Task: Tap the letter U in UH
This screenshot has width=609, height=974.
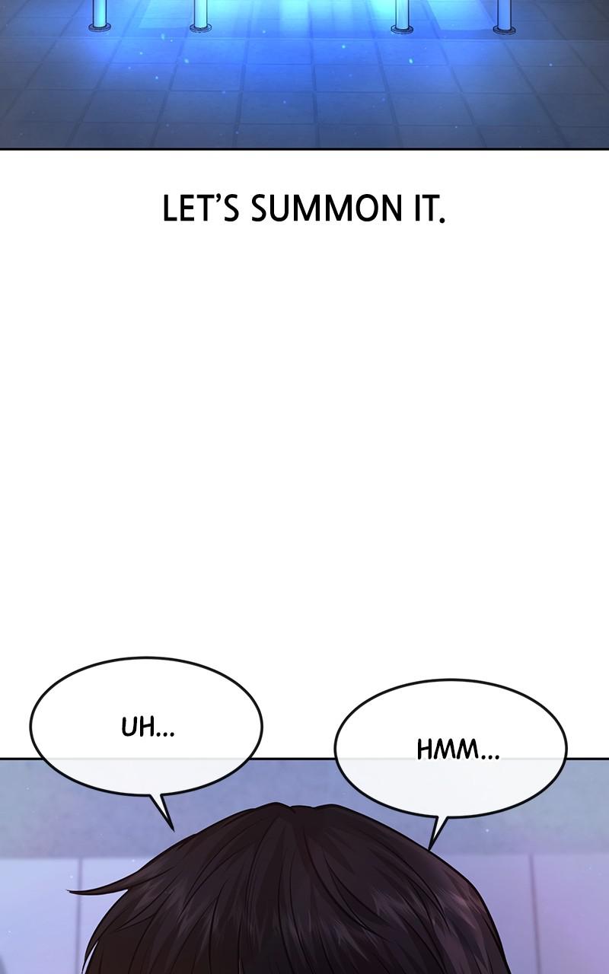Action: coord(129,728)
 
